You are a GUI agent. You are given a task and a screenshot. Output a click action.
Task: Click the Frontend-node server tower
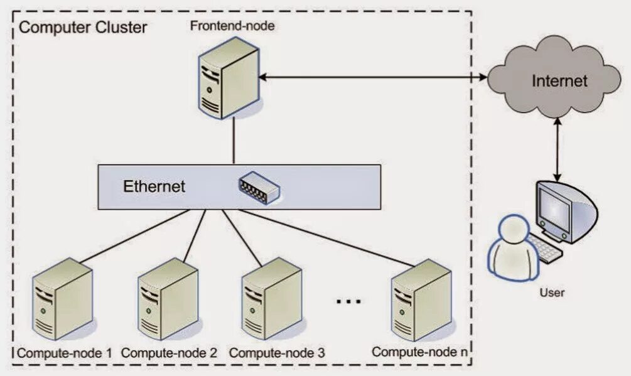point(229,78)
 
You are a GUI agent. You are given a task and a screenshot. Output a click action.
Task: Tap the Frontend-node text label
point(232,26)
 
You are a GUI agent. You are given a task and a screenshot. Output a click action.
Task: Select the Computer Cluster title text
point(83,28)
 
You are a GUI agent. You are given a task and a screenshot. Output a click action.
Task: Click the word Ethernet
point(154,186)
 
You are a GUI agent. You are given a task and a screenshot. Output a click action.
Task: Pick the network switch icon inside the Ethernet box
point(259,187)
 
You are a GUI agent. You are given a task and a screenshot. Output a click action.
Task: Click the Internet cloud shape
point(554,78)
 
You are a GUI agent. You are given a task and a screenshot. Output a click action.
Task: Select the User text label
point(552,293)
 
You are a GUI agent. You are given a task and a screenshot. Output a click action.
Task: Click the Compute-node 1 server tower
point(62,299)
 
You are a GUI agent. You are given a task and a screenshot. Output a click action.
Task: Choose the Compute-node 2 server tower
point(168,299)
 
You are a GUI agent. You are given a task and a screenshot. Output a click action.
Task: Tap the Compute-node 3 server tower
point(272,299)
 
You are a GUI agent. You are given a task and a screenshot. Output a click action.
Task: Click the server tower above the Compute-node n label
point(421,300)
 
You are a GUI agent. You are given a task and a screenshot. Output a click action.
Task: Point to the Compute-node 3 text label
point(277,353)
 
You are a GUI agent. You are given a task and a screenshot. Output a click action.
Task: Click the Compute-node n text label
point(420,352)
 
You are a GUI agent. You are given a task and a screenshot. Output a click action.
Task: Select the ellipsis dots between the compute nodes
point(348,301)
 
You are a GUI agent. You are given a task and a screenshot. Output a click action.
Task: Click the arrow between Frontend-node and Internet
point(373,77)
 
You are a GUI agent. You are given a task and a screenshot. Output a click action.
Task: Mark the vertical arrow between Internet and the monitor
point(558,149)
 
